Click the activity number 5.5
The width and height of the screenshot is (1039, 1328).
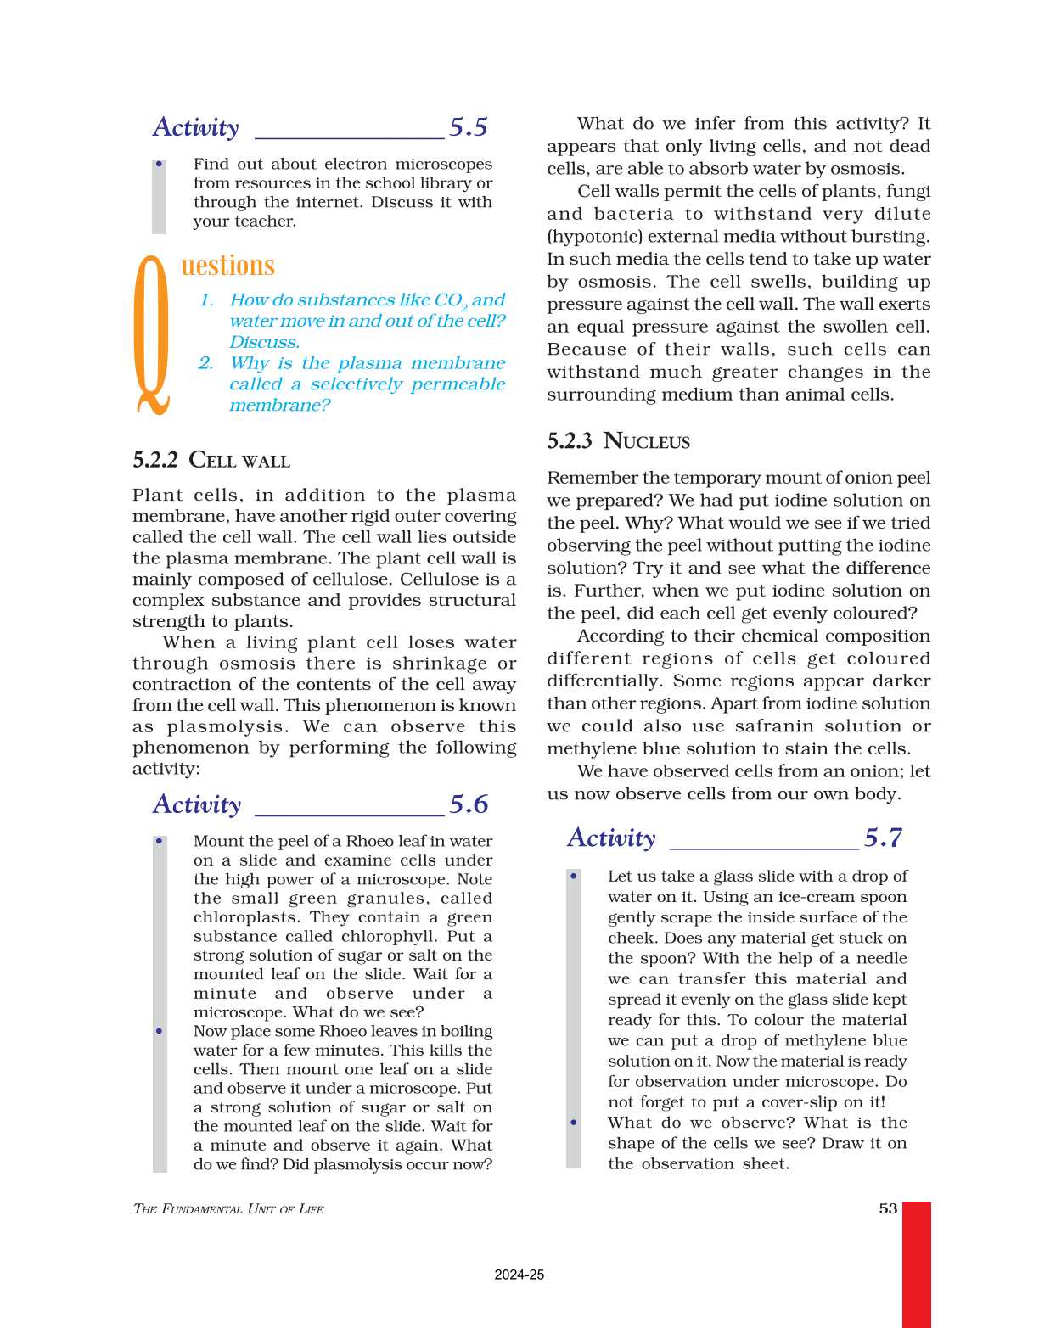pyautogui.click(x=468, y=127)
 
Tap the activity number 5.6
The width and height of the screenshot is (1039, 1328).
pyautogui.click(x=469, y=804)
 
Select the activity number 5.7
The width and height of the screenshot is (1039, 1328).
pyautogui.click(x=883, y=838)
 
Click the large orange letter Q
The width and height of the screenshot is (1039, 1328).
pyautogui.click(x=153, y=335)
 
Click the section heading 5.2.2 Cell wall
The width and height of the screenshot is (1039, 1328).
pyautogui.click(x=211, y=461)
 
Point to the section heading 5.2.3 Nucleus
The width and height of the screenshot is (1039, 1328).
pyautogui.click(x=618, y=441)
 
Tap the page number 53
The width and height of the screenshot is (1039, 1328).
pyautogui.click(x=888, y=1208)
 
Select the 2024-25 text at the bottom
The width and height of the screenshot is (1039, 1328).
pyautogui.click(x=519, y=1275)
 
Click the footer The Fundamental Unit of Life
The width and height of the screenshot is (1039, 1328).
pyautogui.click(x=228, y=1209)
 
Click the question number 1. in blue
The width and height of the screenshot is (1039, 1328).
pyautogui.click(x=206, y=300)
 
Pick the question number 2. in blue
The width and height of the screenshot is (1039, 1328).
pyautogui.click(x=206, y=363)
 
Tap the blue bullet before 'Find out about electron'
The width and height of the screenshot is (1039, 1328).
pyautogui.click(x=159, y=164)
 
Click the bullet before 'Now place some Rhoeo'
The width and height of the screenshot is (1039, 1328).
pyautogui.click(x=159, y=1031)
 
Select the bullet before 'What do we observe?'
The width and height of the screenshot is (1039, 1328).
pyautogui.click(x=574, y=1123)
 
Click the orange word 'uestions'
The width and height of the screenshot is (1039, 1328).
pyautogui.click(x=227, y=266)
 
